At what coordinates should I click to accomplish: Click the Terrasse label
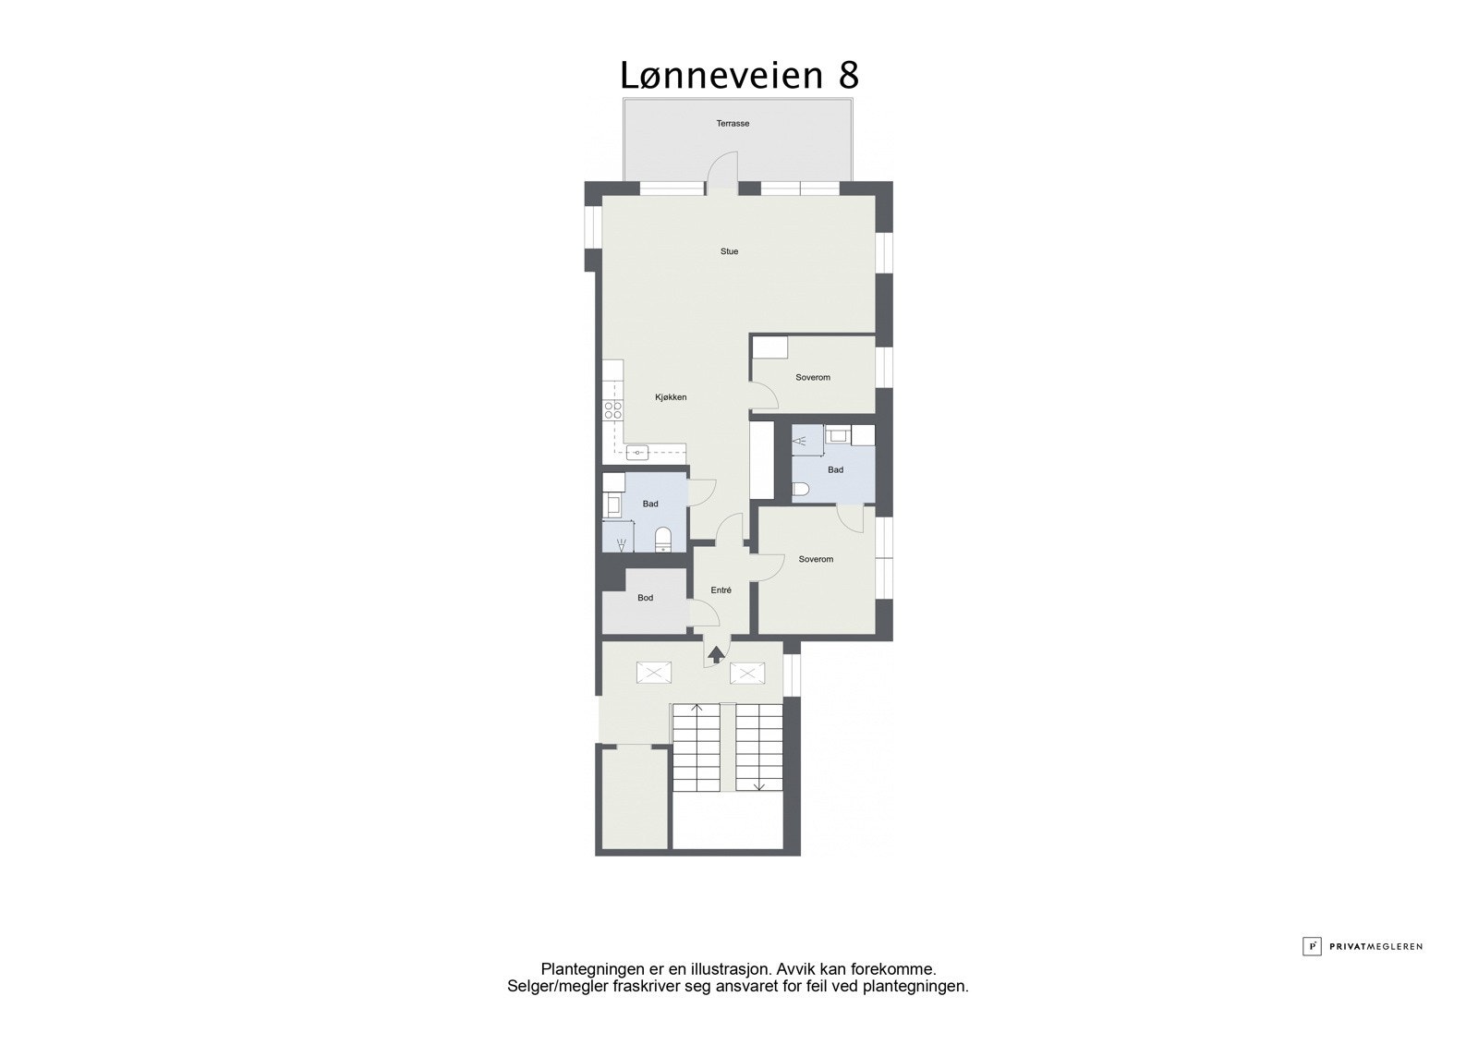[x=733, y=123]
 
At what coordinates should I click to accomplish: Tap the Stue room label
[x=730, y=251]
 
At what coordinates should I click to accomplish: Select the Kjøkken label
[x=671, y=397]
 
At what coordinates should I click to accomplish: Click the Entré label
[x=721, y=590]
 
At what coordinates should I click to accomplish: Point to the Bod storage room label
[x=646, y=598]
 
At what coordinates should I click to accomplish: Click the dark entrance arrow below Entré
[x=716, y=655]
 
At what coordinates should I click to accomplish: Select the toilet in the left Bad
[x=662, y=538]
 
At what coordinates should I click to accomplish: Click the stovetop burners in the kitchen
[x=612, y=411]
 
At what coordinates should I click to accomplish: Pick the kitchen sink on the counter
[x=637, y=453]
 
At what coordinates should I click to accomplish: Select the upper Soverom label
[x=813, y=377]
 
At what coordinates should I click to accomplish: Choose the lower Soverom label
[x=816, y=559]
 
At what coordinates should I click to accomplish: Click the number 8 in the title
[x=849, y=76]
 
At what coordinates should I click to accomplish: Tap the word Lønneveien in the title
[x=721, y=76]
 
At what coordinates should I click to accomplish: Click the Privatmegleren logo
[x=1363, y=946]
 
